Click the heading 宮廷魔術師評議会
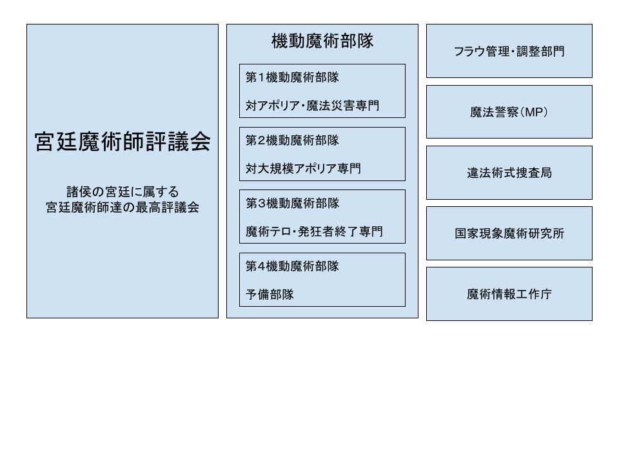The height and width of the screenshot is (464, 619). pyautogui.click(x=123, y=142)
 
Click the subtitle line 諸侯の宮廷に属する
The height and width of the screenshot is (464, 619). pyautogui.click(x=123, y=192)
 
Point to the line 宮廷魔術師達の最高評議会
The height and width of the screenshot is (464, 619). pyautogui.click(x=123, y=207)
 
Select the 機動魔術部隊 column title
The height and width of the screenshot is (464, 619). pyautogui.click(x=322, y=41)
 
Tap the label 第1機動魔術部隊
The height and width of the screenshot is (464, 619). pyautogui.click(x=292, y=77)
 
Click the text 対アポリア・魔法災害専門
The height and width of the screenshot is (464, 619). pyautogui.click(x=312, y=105)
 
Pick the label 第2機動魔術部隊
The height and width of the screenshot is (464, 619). pyautogui.click(x=292, y=140)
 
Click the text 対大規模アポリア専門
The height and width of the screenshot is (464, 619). pyautogui.click(x=303, y=168)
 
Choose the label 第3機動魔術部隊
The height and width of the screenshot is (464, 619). pyautogui.click(x=292, y=203)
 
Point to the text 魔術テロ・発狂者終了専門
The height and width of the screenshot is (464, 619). pyautogui.click(x=314, y=231)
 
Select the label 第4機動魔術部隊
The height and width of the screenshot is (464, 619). pyautogui.click(x=292, y=266)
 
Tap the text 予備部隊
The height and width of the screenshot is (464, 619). pyautogui.click(x=270, y=295)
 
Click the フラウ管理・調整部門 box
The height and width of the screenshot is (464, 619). pyautogui.click(x=509, y=51)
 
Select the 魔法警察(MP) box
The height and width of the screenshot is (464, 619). pyautogui.click(x=509, y=112)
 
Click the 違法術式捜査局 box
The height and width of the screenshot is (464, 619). pyautogui.click(x=509, y=173)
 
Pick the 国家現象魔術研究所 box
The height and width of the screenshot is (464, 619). pyautogui.click(x=509, y=233)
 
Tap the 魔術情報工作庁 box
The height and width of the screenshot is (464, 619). pyautogui.click(x=509, y=294)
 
